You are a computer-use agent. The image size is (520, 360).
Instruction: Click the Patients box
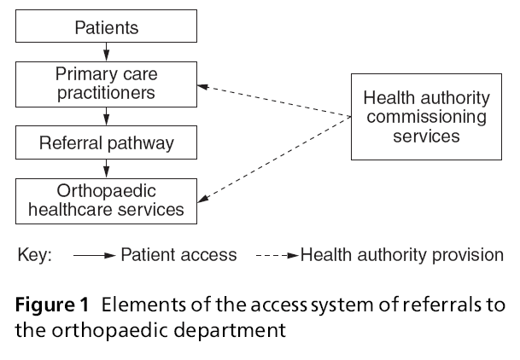(105, 29)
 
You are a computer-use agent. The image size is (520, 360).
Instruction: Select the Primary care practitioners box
(105, 83)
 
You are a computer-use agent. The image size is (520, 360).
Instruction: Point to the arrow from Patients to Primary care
(105, 52)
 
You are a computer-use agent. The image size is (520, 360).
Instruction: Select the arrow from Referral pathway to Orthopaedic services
(105, 165)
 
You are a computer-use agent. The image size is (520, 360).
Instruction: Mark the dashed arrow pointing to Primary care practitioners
(273, 101)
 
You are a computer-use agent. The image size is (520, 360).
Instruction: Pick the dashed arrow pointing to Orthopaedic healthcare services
(273, 160)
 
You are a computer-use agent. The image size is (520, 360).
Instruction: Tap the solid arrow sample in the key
(93, 254)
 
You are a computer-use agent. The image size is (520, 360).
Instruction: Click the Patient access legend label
(177, 254)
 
